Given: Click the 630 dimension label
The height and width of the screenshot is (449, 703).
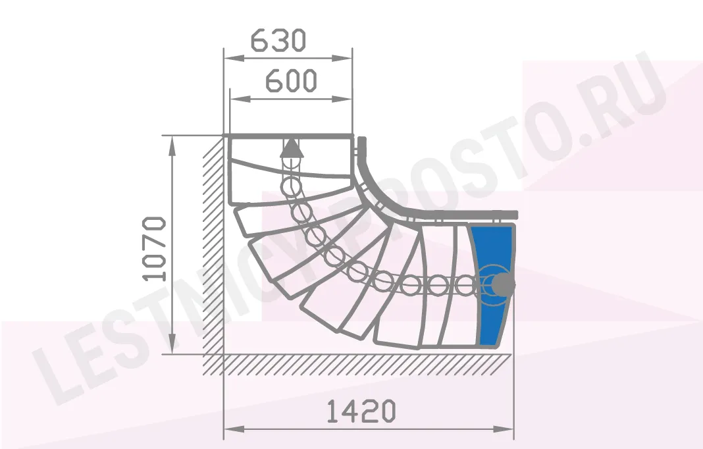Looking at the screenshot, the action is pyautogui.click(x=278, y=40).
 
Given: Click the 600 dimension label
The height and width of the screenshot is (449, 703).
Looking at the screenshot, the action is pyautogui.click(x=292, y=81).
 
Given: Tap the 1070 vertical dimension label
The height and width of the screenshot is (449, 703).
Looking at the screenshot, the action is pyautogui.click(x=154, y=249).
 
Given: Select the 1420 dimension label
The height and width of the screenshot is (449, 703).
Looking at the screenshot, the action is pyautogui.click(x=361, y=411).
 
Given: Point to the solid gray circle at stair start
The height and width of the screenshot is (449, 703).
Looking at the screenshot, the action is pyautogui.click(x=504, y=284).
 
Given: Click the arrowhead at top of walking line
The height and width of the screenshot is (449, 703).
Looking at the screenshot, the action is pyautogui.click(x=292, y=148).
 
